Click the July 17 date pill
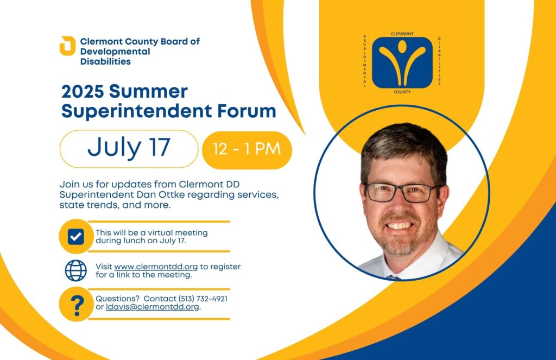tap(129, 149)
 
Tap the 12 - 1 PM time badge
tap(247, 150)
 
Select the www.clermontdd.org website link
tap(156, 267)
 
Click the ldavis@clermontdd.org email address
tap(153, 307)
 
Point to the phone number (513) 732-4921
tap(203, 299)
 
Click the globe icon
tap(76, 270)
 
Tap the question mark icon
tap(76, 304)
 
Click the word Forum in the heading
tap(247, 111)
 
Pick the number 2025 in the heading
tap(83, 92)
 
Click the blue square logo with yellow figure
tap(402, 63)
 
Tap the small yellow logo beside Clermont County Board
tap(67, 46)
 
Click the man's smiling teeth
tap(400, 225)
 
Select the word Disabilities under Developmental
tap(105, 61)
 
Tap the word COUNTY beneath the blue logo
tap(402, 92)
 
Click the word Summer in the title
tap(148, 92)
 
